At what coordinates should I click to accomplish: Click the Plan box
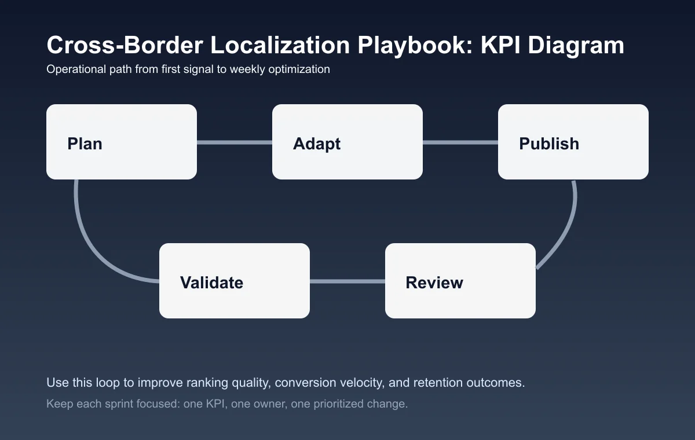pos(122,142)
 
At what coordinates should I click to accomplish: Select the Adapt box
pos(348,142)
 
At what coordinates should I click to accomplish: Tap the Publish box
pos(573,142)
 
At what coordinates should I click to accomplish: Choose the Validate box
pos(235,281)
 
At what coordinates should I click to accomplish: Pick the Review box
pos(460,281)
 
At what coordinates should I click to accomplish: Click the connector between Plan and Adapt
pos(235,142)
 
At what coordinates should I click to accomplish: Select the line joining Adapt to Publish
pos(460,142)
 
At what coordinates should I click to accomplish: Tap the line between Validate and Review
pos(348,281)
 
